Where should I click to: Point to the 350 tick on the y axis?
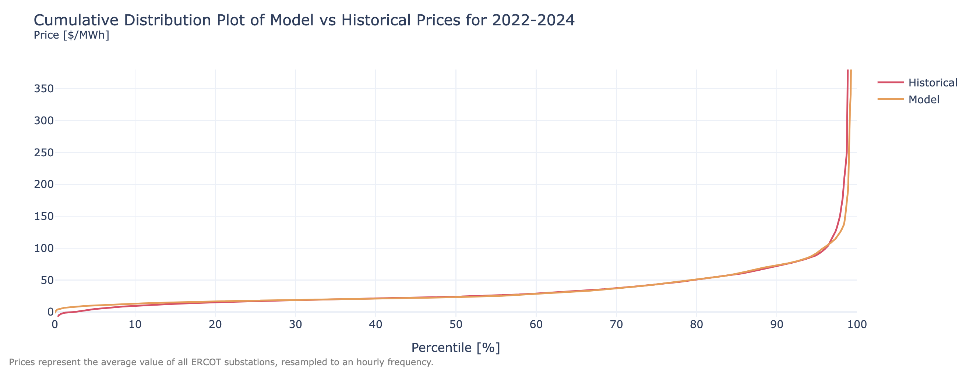click(x=44, y=89)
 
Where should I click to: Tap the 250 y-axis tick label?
click(x=44, y=153)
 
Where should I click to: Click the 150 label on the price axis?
click(x=44, y=216)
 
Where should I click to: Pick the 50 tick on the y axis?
click(x=47, y=280)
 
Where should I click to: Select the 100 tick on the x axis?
click(x=857, y=324)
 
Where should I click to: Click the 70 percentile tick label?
click(x=616, y=324)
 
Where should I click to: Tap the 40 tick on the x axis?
click(x=376, y=324)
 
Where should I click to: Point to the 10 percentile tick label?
click(x=135, y=324)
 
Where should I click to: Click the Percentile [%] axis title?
click(x=456, y=348)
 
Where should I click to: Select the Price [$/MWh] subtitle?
click(x=71, y=35)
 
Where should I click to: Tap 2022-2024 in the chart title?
click(x=533, y=20)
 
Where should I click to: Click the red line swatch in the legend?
click(x=891, y=83)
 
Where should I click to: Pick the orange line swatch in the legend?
click(x=891, y=100)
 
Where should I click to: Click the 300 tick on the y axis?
click(x=44, y=121)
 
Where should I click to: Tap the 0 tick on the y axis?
click(x=50, y=312)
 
